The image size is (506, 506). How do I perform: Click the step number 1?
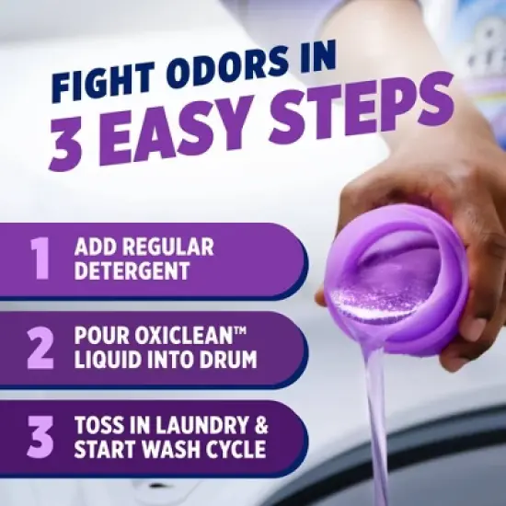click(x=40, y=260)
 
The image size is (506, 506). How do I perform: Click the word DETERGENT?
click(x=133, y=272)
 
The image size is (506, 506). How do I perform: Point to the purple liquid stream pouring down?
click(x=378, y=414)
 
